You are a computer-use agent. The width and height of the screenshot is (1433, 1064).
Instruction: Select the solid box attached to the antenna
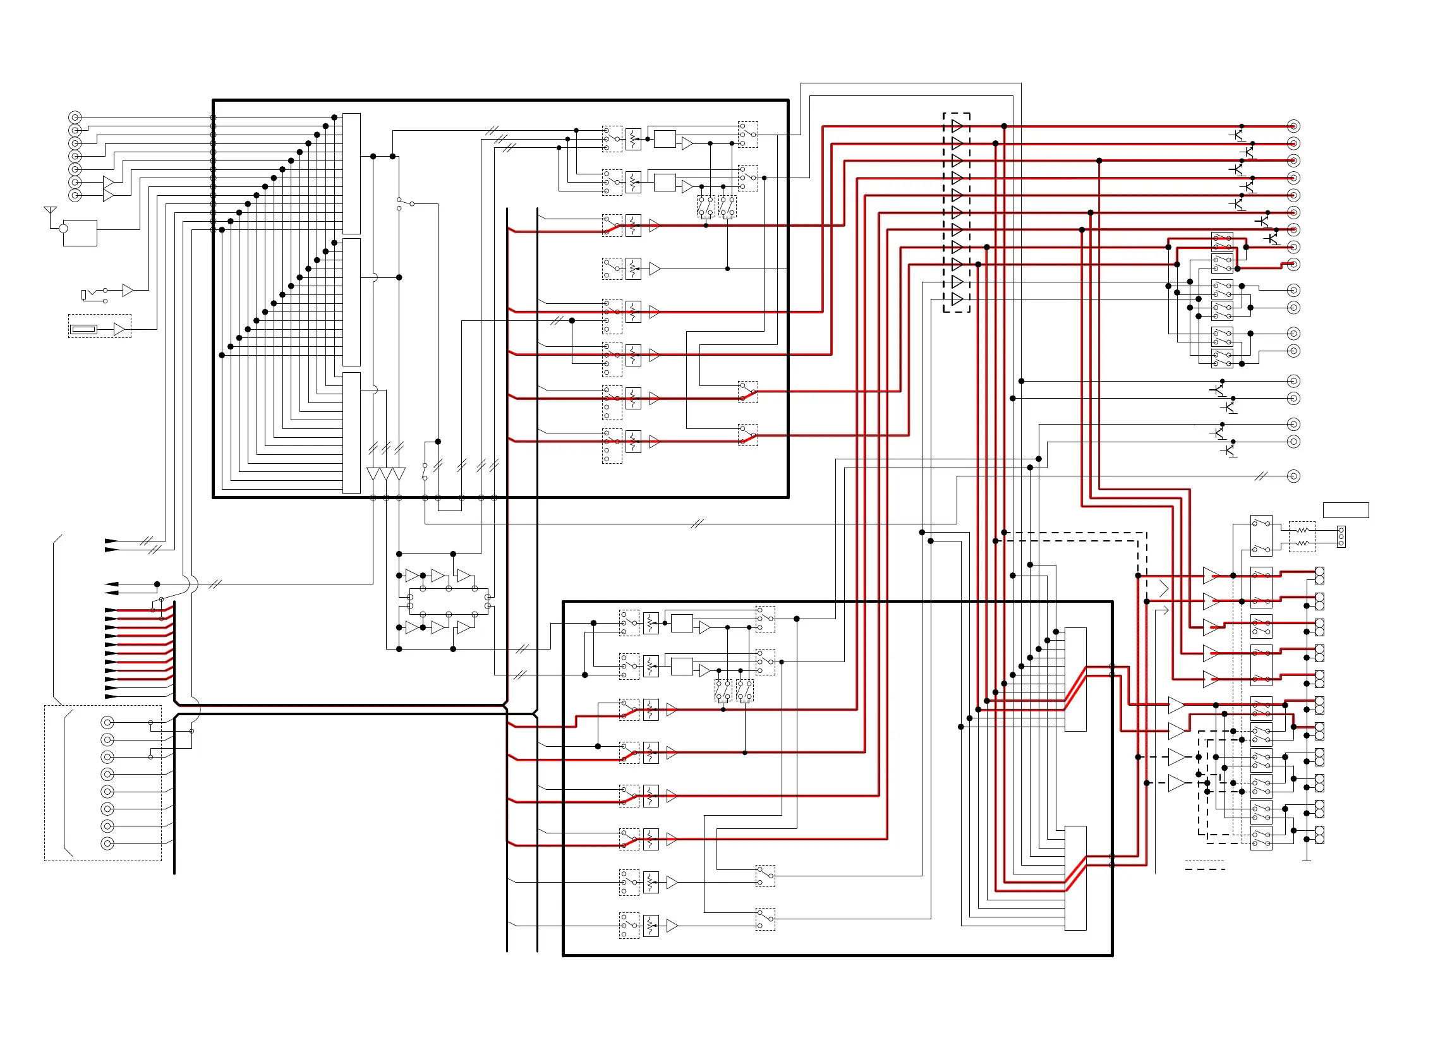[x=80, y=233]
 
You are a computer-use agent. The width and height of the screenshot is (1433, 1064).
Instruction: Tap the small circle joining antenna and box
[x=63, y=229]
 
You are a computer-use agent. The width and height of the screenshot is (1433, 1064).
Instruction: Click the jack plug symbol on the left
[x=85, y=294]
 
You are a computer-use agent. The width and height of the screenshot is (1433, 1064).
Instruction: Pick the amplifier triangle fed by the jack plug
[x=128, y=291]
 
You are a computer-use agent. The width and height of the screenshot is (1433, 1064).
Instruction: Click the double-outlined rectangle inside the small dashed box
[x=84, y=330]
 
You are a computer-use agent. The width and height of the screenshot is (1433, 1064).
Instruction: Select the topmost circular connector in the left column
[x=75, y=118]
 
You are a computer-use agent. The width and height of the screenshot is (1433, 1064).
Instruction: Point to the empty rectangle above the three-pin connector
[x=1345, y=510]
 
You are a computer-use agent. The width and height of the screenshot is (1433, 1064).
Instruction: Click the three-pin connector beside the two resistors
[x=1341, y=536]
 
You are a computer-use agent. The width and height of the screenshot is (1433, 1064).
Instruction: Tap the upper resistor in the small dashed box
[x=1302, y=530]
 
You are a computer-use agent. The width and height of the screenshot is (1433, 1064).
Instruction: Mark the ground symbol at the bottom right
[x=1307, y=859]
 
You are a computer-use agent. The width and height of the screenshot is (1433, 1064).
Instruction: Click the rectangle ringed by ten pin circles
[x=449, y=602]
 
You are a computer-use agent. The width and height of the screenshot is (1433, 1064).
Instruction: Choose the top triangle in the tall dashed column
[x=957, y=126]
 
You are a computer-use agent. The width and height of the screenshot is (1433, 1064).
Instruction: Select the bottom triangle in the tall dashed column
[x=957, y=299]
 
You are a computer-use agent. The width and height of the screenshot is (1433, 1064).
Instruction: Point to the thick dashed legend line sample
[x=1204, y=869]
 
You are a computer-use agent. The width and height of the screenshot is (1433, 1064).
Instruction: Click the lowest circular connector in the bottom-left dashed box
[x=107, y=843]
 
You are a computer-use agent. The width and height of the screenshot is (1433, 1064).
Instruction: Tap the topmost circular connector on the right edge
[x=1293, y=126]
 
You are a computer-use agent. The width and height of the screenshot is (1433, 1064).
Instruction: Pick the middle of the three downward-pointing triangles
[x=387, y=474]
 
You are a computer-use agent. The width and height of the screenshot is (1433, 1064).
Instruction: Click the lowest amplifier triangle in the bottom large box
[x=672, y=926]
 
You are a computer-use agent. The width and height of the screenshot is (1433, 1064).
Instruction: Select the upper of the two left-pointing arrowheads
[x=111, y=584]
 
